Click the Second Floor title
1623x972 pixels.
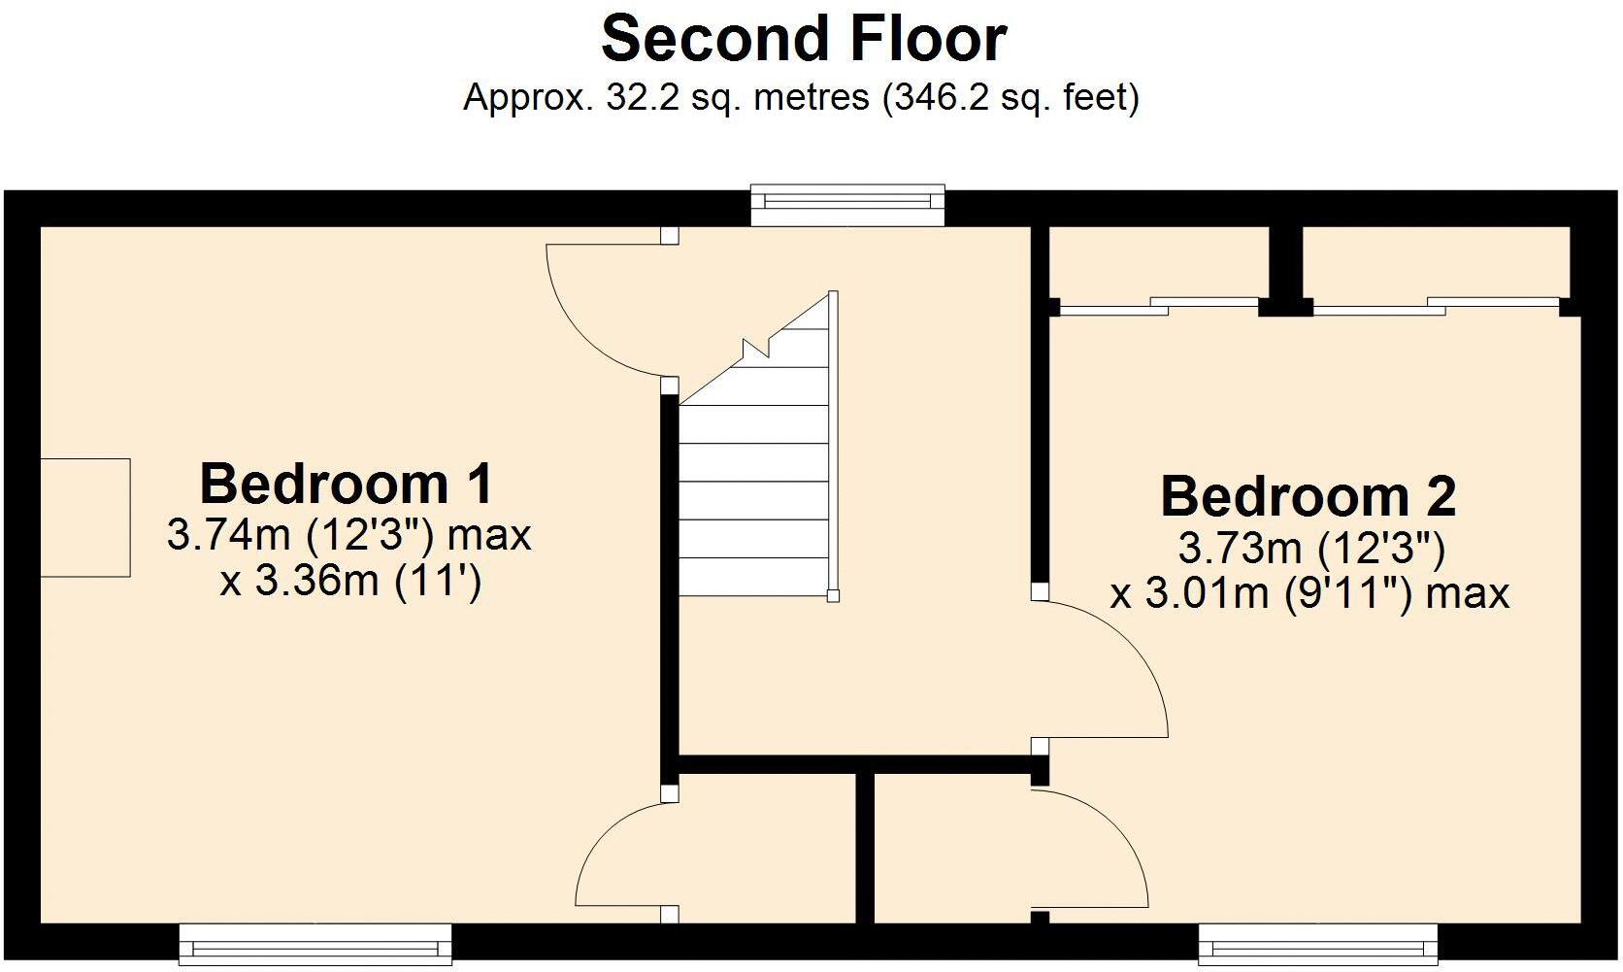[804, 40]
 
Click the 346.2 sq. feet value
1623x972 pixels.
[1010, 98]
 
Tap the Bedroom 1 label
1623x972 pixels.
[347, 484]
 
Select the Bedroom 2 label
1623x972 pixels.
[1308, 496]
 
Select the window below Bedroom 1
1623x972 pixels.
[315, 942]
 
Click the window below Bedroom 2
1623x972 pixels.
[1317, 942]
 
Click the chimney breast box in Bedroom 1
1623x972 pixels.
[85, 518]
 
